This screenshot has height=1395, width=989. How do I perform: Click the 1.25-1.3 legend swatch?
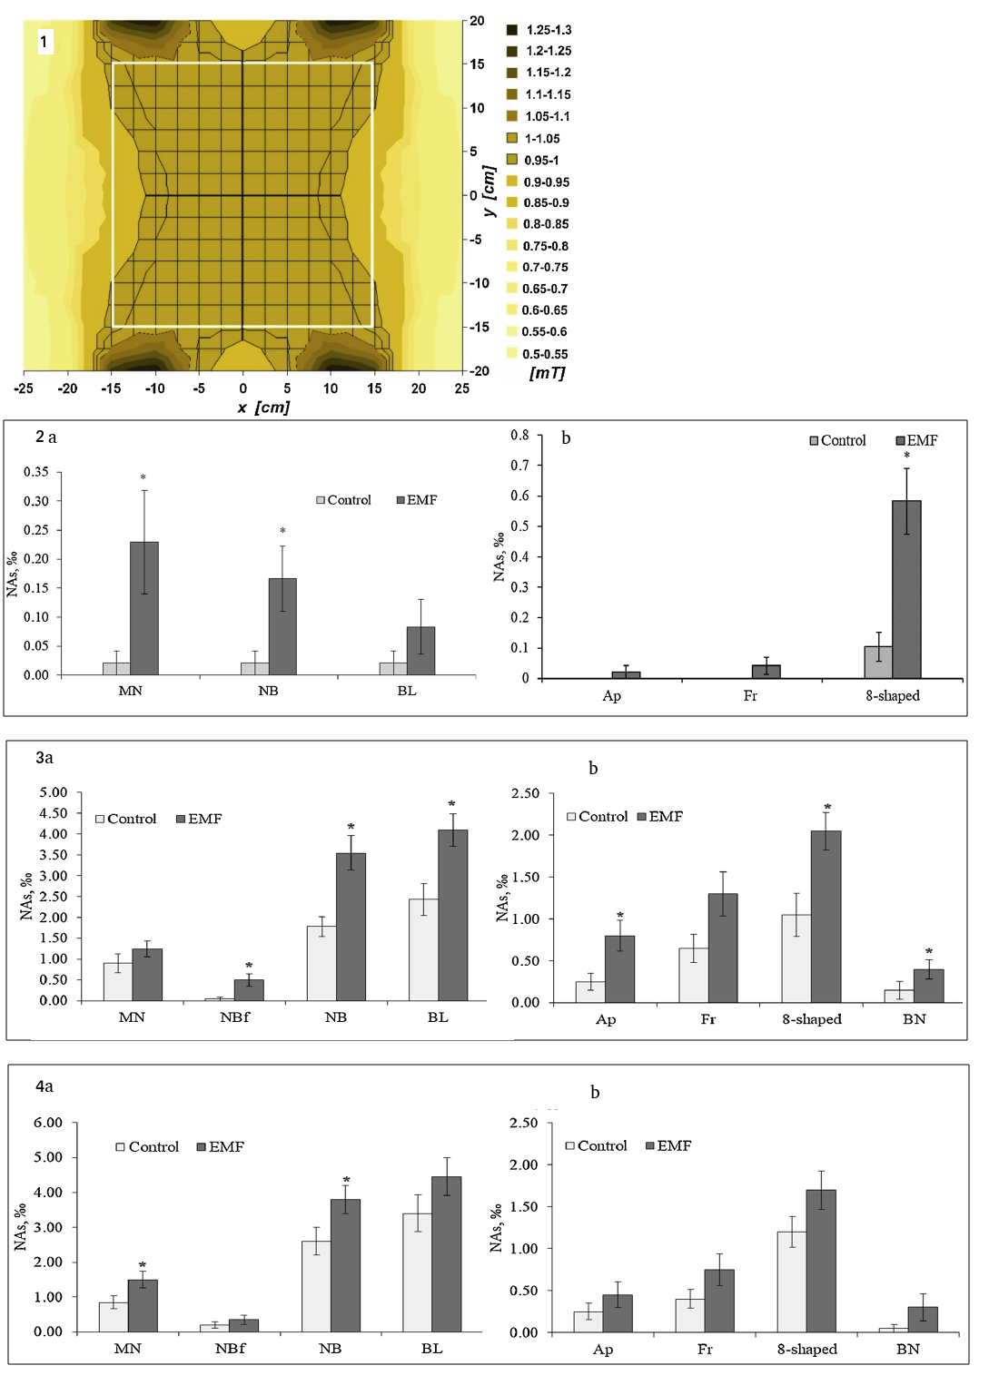(x=512, y=30)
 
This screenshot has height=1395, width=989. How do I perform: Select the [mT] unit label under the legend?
(x=547, y=373)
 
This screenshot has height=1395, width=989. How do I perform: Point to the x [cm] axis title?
(x=263, y=408)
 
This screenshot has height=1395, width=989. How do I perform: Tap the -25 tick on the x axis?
(x=24, y=388)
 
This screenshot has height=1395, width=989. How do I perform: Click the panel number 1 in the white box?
(x=44, y=42)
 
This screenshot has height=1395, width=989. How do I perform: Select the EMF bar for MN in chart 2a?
(x=144, y=608)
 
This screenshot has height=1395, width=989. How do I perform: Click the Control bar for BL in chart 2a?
(x=393, y=669)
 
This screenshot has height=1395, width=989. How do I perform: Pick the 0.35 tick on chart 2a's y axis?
(x=36, y=472)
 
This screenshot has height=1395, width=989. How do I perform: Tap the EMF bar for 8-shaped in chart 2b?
(x=906, y=589)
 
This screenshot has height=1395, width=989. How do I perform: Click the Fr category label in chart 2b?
(x=750, y=696)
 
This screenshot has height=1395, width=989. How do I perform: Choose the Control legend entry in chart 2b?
(x=837, y=440)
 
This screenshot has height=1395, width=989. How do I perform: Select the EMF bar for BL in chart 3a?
(x=453, y=915)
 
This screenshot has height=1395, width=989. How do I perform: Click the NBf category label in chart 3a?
(x=234, y=1017)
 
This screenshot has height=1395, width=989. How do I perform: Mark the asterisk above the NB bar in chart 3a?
(x=351, y=828)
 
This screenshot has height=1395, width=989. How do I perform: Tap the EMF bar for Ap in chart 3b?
(x=619, y=969)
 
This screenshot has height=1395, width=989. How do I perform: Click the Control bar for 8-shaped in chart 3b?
(x=796, y=958)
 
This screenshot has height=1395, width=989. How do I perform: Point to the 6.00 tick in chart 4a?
(x=48, y=1123)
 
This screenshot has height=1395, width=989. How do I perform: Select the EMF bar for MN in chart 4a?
(x=143, y=1306)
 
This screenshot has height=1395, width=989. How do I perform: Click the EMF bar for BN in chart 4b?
(x=923, y=1320)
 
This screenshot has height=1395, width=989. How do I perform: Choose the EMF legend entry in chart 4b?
(x=668, y=1146)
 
